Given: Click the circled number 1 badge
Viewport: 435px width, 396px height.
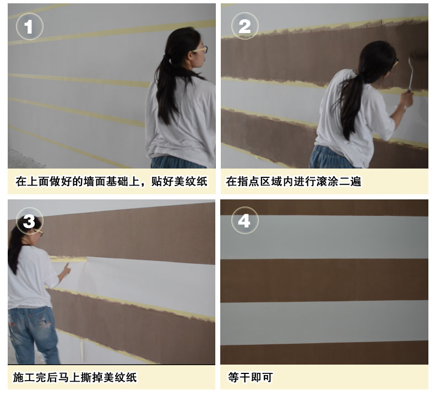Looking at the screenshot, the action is coord(29,26).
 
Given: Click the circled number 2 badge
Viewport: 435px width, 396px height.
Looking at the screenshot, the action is coord(244,26).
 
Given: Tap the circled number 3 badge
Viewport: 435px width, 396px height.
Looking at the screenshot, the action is coord(29,221).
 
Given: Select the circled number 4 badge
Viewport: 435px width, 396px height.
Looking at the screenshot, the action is coord(244,221).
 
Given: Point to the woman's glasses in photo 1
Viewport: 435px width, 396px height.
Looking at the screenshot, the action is coord(200,50).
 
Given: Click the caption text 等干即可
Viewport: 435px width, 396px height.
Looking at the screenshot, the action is coord(250,378).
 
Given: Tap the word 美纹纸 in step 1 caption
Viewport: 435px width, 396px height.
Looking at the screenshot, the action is coord(191,182).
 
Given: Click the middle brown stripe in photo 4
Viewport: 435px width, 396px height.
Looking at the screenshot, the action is coord(324,280).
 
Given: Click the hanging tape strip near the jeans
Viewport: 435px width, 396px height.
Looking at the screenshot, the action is coord(82,350).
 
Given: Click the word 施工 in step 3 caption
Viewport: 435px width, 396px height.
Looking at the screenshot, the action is coord(24,378).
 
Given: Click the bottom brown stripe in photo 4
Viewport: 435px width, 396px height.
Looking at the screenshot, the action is coord(324,353).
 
